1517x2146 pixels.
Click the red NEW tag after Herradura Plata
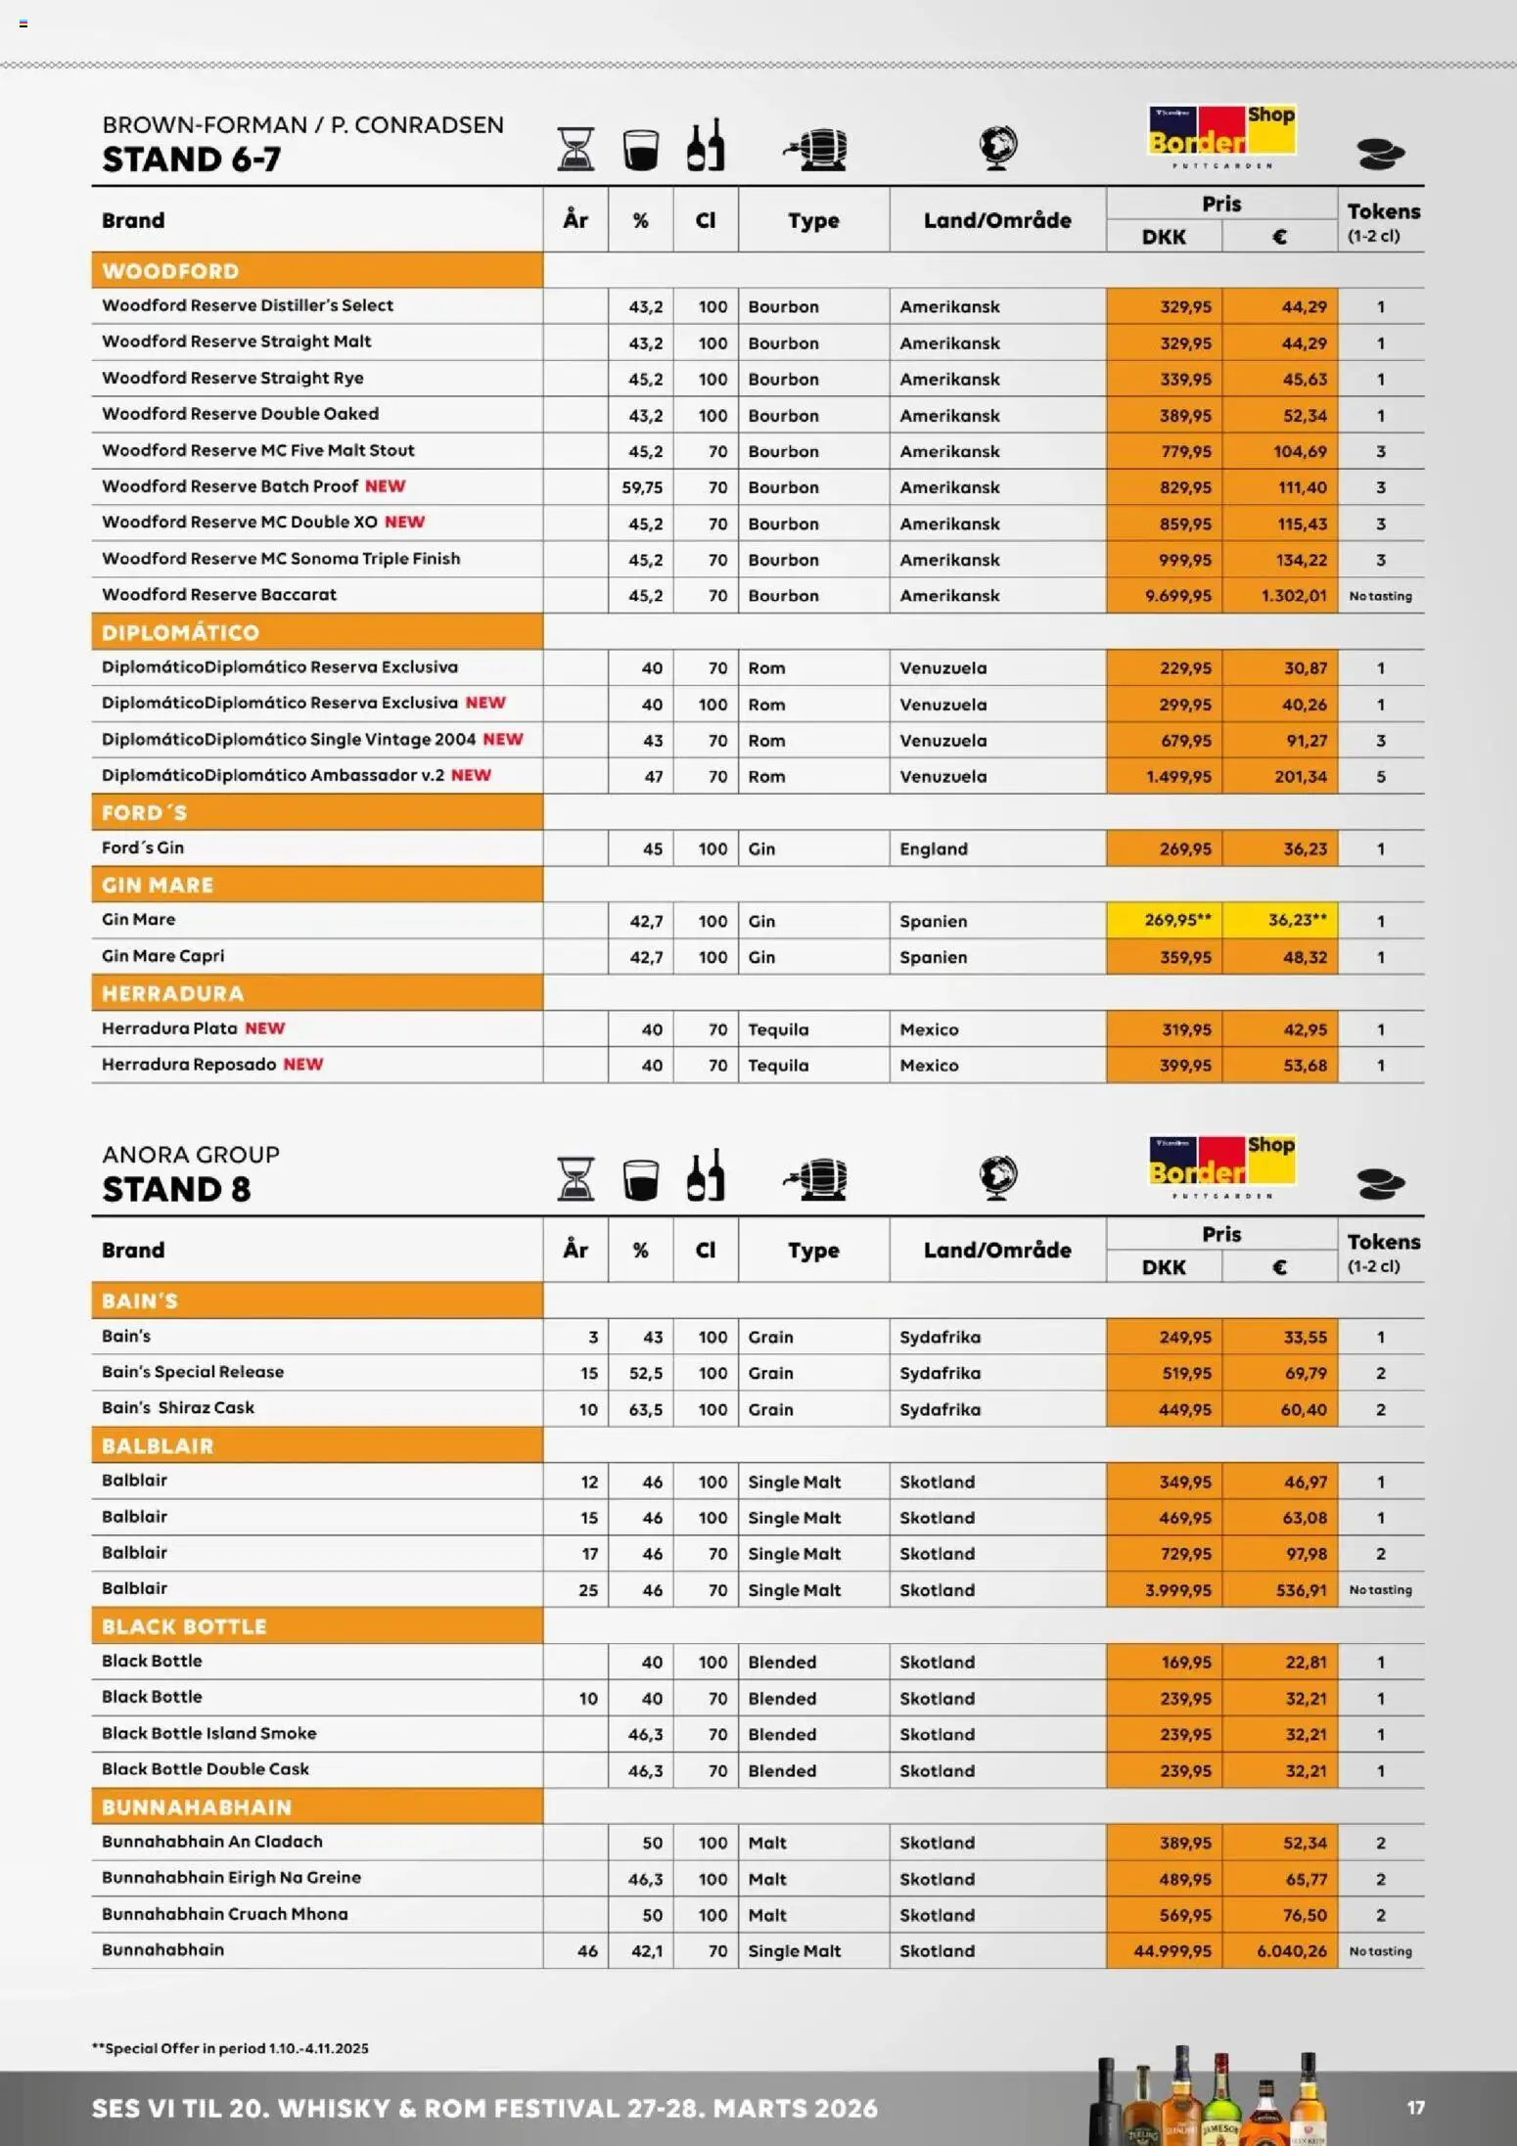264,1028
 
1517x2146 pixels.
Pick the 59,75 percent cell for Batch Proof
642,487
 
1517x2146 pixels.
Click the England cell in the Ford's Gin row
933,848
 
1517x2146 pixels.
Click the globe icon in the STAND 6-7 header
997,148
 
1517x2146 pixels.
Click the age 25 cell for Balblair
588,1590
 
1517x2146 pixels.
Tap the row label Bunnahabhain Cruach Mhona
225,1914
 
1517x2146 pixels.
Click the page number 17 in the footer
1415,2107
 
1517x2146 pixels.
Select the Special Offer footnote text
230,2048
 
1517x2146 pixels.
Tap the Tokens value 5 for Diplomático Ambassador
1380,777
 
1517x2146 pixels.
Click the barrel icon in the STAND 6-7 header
816,149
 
